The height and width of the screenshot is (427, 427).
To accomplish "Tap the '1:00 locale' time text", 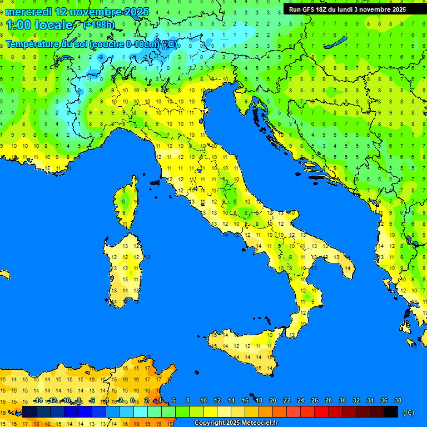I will click(x=39, y=25).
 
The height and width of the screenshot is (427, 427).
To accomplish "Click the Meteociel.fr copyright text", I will click(x=236, y=423).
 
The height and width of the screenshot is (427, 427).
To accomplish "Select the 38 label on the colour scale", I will click(x=397, y=400).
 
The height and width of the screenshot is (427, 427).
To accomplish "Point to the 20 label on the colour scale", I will click(x=272, y=400).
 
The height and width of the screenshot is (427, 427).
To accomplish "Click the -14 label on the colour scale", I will click(x=38, y=400).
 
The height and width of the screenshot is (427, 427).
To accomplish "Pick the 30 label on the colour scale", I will click(x=342, y=400).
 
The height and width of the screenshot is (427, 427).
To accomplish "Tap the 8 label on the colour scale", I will click(x=188, y=400).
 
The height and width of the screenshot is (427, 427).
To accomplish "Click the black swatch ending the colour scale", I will click(x=390, y=411).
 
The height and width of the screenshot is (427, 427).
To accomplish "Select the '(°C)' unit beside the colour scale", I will click(x=409, y=413).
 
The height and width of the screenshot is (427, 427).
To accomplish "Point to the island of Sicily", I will click(x=245, y=347).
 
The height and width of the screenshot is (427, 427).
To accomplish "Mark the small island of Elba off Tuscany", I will click(x=155, y=182).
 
